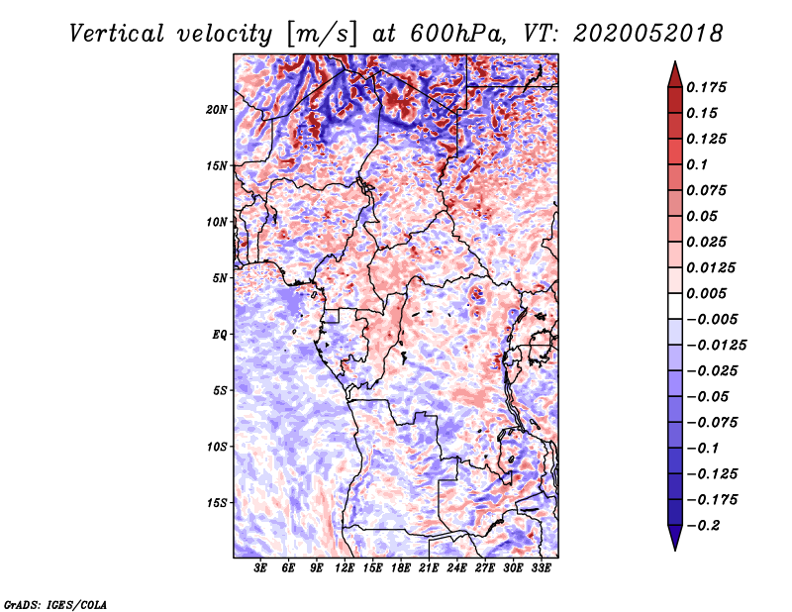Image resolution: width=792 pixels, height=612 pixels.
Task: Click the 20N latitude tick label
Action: tap(217, 110)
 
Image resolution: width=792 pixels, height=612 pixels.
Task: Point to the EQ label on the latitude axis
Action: tap(219, 335)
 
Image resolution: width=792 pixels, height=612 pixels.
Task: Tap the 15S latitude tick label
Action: tap(217, 503)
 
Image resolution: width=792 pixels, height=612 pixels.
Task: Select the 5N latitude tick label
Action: tap(220, 278)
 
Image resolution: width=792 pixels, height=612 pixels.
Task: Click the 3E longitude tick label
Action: tap(260, 568)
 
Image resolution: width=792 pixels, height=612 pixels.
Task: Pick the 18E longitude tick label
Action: tap(401, 568)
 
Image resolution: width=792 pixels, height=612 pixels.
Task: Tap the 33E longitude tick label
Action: tap(541, 568)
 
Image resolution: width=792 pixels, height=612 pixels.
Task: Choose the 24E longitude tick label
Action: tap(456, 568)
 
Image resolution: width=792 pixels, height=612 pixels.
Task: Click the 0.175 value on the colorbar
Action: tap(706, 87)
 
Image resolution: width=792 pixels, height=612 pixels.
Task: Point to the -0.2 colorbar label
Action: tap(703, 526)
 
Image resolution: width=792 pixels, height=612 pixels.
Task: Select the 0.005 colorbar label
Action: tap(706, 293)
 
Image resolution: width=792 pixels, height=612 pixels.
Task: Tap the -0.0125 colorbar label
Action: tap(716, 346)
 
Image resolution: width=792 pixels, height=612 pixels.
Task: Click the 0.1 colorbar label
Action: tap(697, 164)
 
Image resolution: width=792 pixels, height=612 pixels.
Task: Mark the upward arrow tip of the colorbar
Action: tap(675, 61)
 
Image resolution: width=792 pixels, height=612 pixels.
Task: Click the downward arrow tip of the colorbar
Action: tap(675, 550)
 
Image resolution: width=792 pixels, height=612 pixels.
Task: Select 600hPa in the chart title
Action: tap(456, 34)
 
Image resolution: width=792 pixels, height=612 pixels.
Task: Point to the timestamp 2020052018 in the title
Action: tap(648, 34)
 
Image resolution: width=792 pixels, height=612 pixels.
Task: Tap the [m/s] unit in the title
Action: tap(322, 35)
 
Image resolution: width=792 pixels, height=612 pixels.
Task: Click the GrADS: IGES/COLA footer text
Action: tap(54, 604)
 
